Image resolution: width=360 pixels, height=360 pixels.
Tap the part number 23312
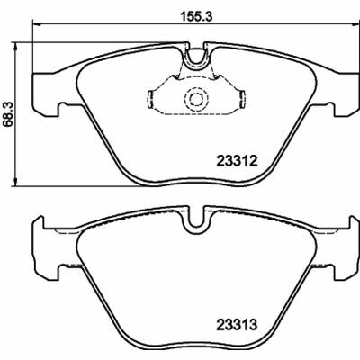click(x=238, y=162)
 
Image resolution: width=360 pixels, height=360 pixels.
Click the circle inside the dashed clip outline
click(x=195, y=100)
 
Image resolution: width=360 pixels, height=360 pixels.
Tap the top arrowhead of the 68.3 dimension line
click(x=21, y=45)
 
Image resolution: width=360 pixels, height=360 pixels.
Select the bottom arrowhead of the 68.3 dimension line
click(x=21, y=184)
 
